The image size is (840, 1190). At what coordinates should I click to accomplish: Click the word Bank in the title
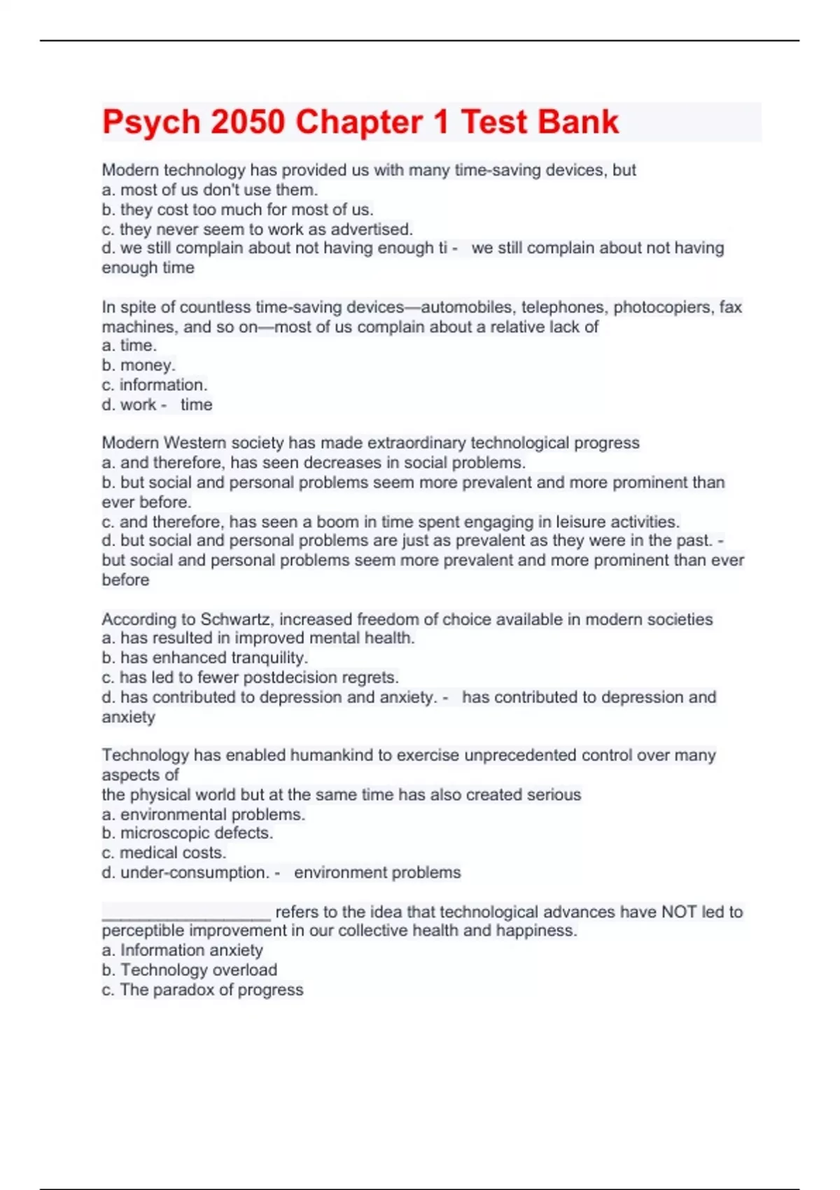(579, 122)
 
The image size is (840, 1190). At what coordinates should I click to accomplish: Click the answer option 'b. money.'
(139, 365)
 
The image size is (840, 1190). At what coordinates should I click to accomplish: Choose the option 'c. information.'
(155, 385)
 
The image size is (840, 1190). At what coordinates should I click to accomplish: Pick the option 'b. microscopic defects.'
(188, 833)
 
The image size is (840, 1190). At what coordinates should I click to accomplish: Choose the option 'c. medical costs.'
(164, 853)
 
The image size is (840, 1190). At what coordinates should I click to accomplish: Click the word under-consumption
(195, 873)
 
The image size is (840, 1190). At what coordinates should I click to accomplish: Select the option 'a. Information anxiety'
(183, 951)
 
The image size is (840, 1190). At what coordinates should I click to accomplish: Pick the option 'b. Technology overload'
(190, 970)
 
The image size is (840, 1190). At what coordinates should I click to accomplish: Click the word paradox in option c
(183, 990)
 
